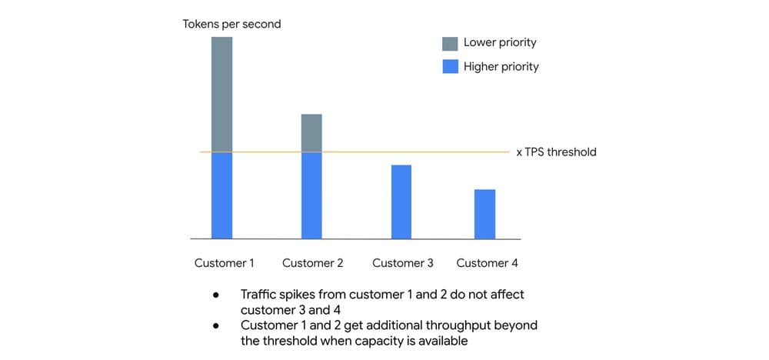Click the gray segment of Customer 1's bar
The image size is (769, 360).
(221, 94)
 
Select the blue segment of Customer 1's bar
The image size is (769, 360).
(221, 195)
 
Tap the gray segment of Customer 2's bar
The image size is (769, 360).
(311, 133)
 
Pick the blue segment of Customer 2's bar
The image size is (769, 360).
(311, 195)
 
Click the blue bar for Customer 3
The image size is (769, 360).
(401, 202)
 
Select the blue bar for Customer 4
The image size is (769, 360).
(484, 214)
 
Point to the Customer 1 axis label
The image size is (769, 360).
(224, 263)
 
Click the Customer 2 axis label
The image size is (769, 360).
(313, 263)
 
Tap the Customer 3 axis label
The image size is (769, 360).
(403, 263)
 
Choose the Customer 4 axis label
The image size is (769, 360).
(487, 263)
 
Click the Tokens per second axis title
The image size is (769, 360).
(231, 24)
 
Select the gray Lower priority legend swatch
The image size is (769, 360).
(451, 43)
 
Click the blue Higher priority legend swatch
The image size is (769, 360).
(451, 67)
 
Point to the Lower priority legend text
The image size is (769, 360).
(500, 43)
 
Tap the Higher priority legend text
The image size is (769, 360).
(501, 67)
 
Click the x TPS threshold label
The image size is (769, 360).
(556, 152)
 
